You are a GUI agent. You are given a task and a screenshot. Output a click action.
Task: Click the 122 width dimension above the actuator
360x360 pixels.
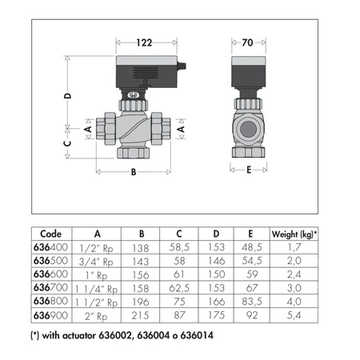[x=144, y=42]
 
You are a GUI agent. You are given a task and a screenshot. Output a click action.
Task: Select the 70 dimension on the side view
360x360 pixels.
[x=247, y=42]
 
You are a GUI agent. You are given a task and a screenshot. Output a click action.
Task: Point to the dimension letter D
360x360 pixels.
[x=68, y=96]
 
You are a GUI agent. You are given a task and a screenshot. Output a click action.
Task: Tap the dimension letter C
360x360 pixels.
[x=68, y=143]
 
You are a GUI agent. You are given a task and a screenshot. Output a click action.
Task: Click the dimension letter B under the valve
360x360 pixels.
[x=134, y=172]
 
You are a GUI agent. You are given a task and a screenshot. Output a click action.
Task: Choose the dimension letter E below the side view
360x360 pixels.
[x=249, y=170]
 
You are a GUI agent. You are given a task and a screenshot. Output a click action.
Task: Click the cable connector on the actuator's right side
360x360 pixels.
[x=182, y=66]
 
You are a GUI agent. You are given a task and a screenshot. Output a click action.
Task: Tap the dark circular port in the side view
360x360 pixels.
[x=248, y=129]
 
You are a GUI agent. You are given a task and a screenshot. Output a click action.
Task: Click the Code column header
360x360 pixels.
[x=51, y=234]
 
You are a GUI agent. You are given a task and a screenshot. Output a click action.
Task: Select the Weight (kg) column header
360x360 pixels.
[x=294, y=234]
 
